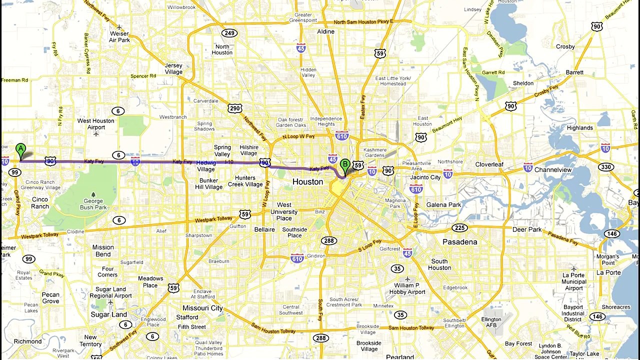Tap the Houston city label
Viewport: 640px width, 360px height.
pyautogui.click(x=307, y=182)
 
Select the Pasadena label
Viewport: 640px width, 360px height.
pyautogui.click(x=459, y=242)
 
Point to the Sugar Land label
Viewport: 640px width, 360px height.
pyautogui.click(x=108, y=314)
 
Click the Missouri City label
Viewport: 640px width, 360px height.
pyautogui.click(x=202, y=308)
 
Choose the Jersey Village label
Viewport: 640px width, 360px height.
pyautogui.click(x=173, y=68)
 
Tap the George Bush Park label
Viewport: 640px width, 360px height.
pyautogui.click(x=93, y=204)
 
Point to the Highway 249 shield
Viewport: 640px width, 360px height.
pyautogui.click(x=229, y=33)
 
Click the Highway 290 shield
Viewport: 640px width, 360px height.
pyautogui.click(x=235, y=108)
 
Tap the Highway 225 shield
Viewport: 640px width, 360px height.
pyautogui.click(x=459, y=228)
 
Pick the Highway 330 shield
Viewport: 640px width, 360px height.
pyautogui.click(x=605, y=167)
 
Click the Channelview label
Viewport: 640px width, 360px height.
pyautogui.click(x=552, y=170)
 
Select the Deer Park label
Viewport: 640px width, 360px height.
pyautogui.click(x=527, y=229)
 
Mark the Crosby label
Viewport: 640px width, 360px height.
pyautogui.click(x=565, y=46)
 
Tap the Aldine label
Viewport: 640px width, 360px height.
pyautogui.click(x=325, y=31)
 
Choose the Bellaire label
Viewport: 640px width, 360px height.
pyautogui.click(x=264, y=229)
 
